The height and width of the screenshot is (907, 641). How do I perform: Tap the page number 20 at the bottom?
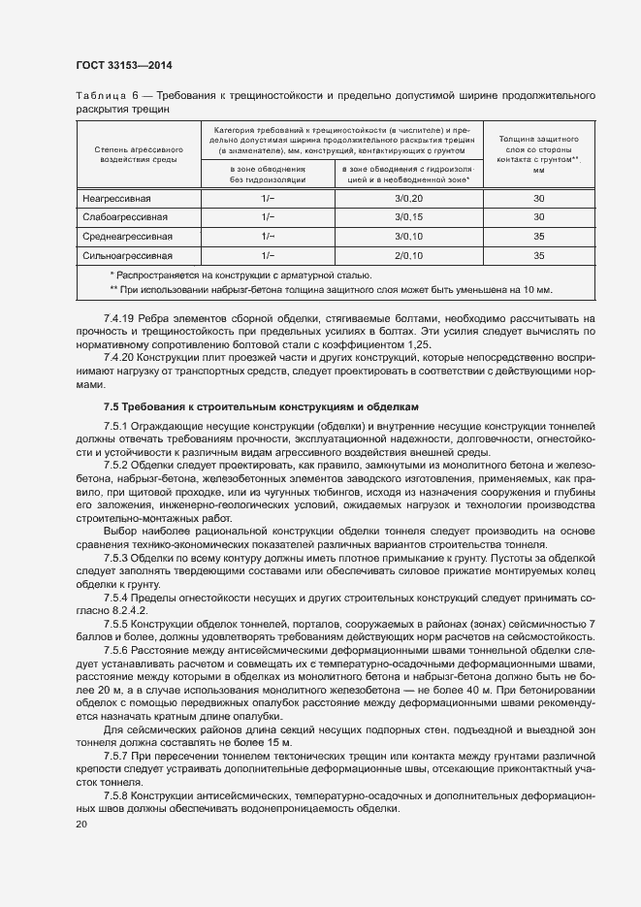tap(80, 825)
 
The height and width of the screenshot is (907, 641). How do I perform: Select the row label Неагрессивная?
tap(115, 198)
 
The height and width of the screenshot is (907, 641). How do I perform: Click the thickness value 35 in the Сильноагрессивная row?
tap(539, 256)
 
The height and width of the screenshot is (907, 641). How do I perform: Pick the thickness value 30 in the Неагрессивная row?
tap(539, 198)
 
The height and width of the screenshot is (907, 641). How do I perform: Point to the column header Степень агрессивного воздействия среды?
tap(138, 155)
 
